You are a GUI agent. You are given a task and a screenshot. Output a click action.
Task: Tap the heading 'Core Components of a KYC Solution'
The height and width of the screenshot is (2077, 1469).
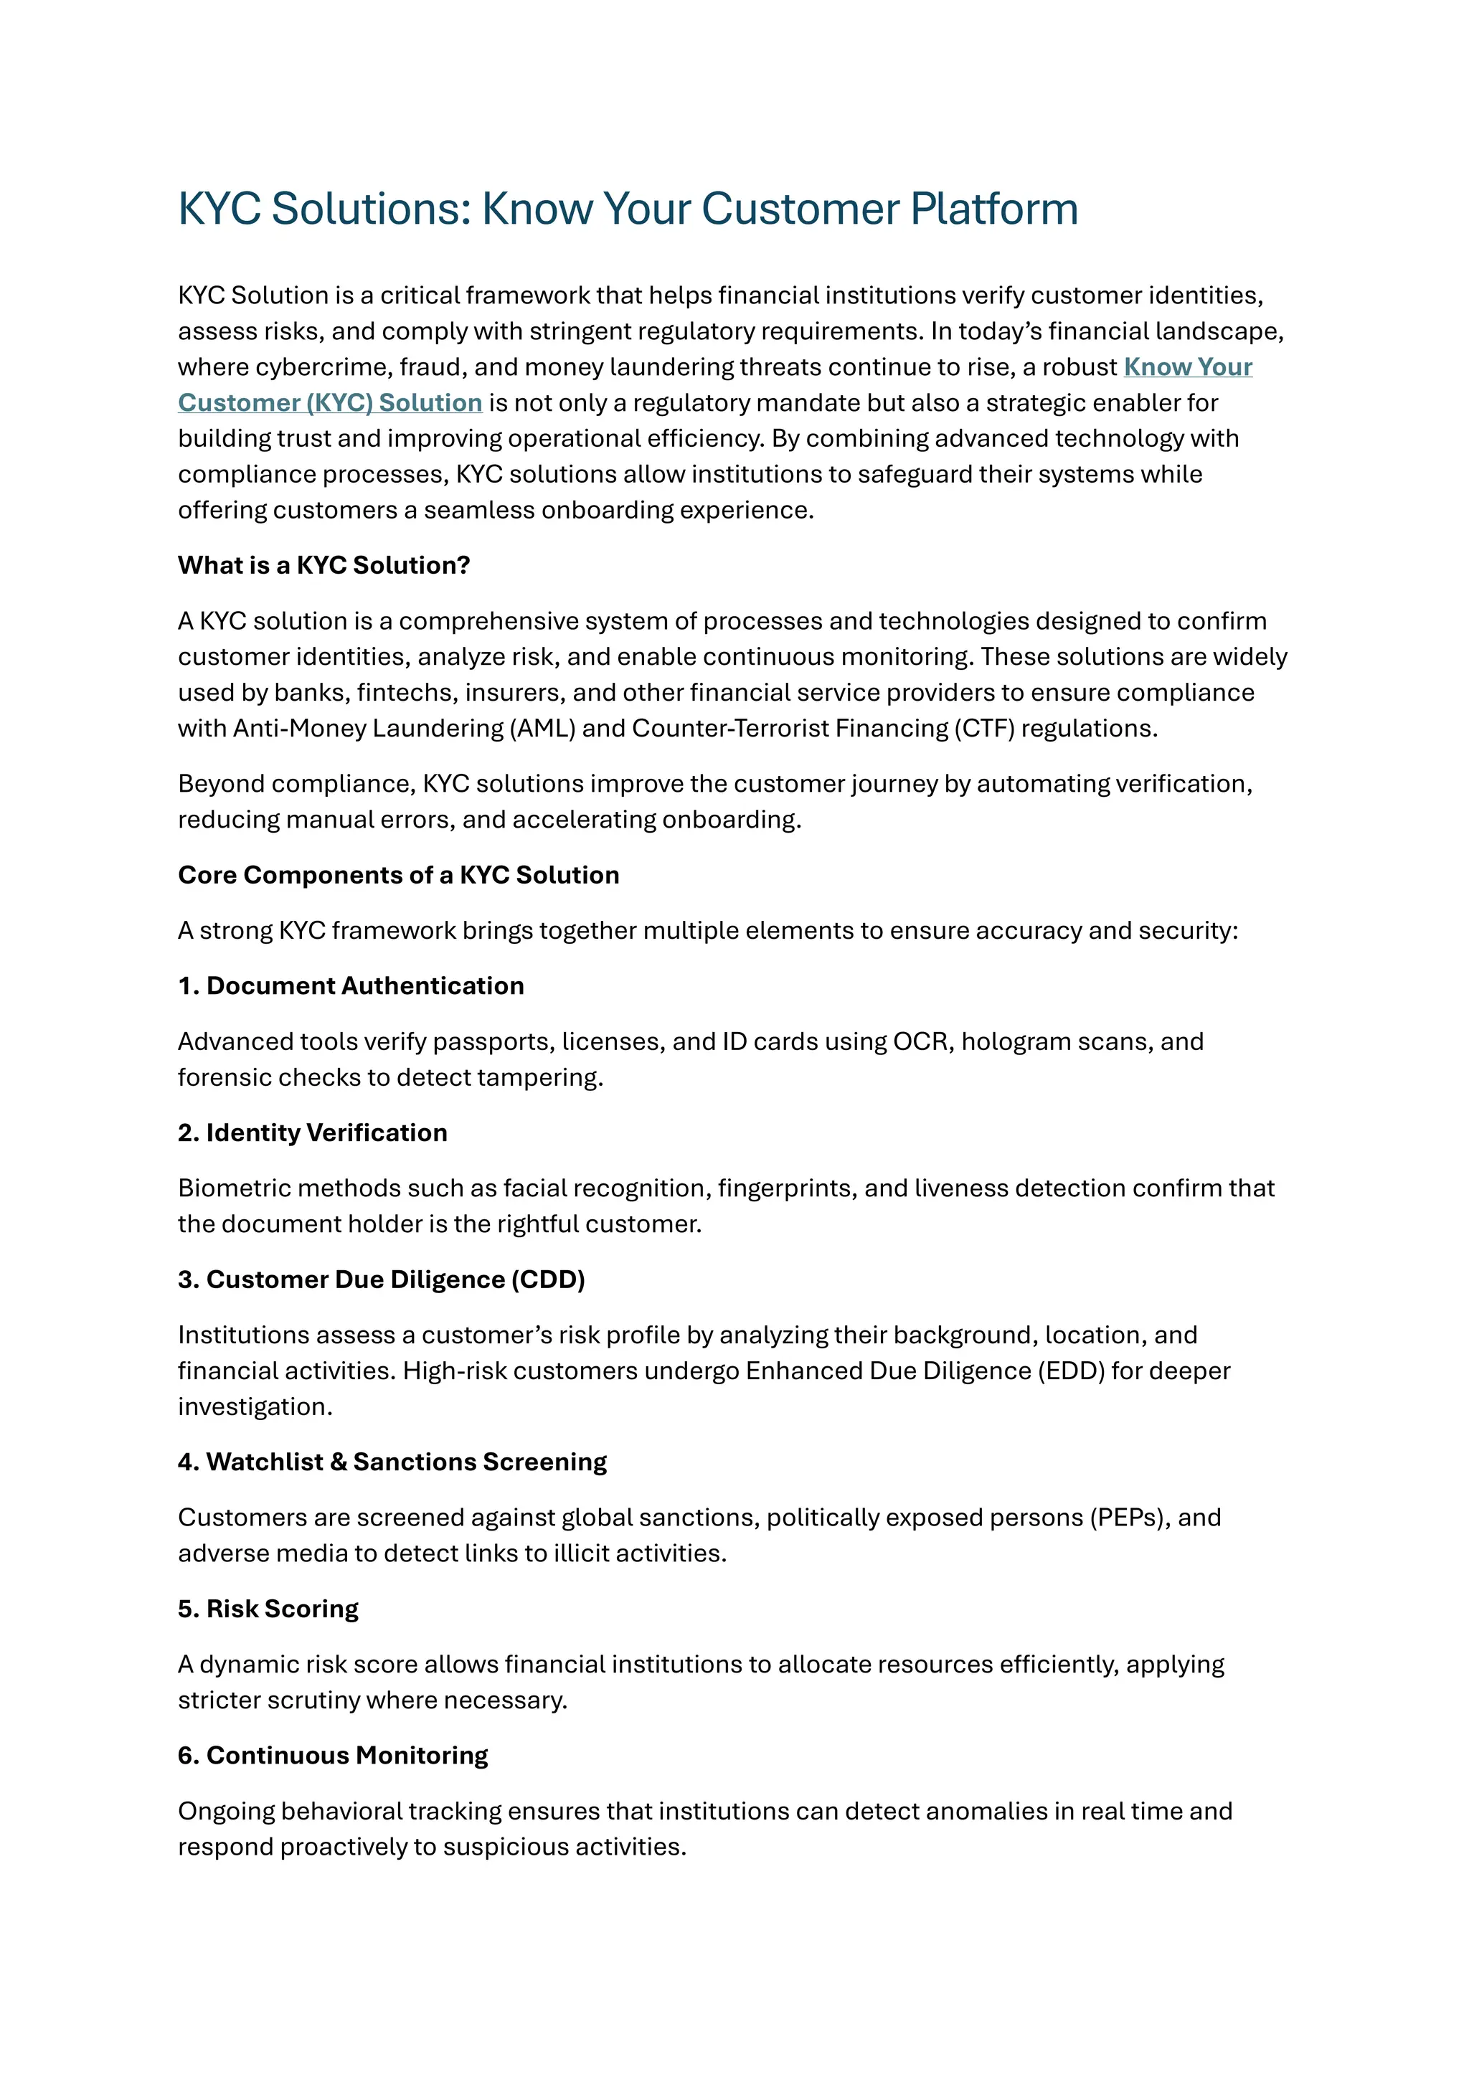coord(398,875)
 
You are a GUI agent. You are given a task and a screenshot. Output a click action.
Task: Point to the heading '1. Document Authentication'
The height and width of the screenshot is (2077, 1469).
coord(351,986)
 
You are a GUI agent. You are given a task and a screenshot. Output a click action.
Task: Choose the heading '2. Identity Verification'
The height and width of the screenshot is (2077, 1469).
coord(312,1132)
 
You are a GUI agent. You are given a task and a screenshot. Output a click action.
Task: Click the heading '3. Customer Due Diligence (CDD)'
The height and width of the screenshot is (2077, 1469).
coord(381,1279)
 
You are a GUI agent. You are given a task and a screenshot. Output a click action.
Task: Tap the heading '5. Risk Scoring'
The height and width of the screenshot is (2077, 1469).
coord(268,1609)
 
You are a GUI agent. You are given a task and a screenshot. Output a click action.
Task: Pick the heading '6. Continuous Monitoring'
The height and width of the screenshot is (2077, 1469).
coord(332,1755)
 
